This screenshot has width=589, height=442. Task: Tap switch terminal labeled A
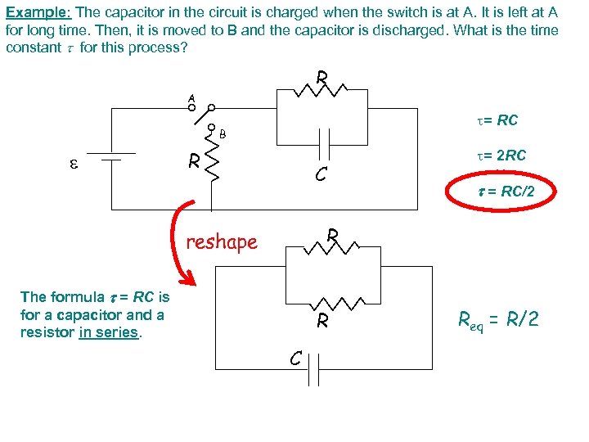point(192,107)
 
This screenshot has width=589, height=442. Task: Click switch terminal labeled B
point(211,128)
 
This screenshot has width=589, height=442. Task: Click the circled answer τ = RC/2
point(501,192)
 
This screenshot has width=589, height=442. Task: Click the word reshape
point(222,241)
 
